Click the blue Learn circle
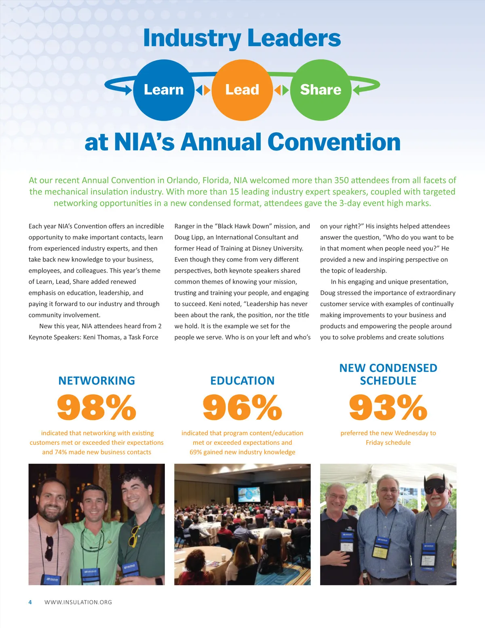click(164, 90)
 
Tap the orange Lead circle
click(242, 90)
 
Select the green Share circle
click(321, 90)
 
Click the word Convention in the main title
click(334, 142)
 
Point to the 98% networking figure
click(97, 407)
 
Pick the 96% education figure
click(242, 407)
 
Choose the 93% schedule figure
click(388, 407)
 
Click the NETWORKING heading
click(97, 381)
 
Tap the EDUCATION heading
click(242, 381)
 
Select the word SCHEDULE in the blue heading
click(388, 381)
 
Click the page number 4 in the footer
click(30, 602)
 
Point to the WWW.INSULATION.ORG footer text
click(78, 602)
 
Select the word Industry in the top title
click(192, 38)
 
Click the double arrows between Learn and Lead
click(203, 90)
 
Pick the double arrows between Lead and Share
click(281, 90)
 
